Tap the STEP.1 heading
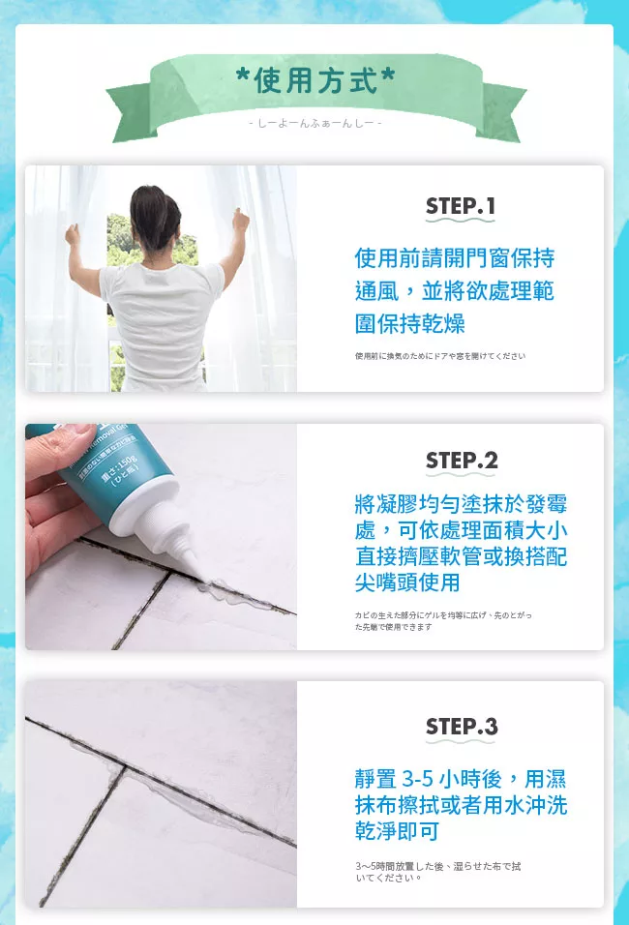[461, 206]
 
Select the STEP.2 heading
[462, 461]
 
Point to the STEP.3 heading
[462, 727]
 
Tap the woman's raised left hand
[73, 235]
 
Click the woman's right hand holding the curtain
[240, 220]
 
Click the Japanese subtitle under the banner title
[315, 123]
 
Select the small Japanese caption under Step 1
[440, 356]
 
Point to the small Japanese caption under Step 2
[443, 620]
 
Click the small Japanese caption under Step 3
[438, 872]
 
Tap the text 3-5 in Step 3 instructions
[418, 779]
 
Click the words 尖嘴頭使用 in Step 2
[407, 582]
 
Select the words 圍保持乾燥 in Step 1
[410, 324]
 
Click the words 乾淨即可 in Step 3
[397, 832]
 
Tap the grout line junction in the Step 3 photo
[125, 767]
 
